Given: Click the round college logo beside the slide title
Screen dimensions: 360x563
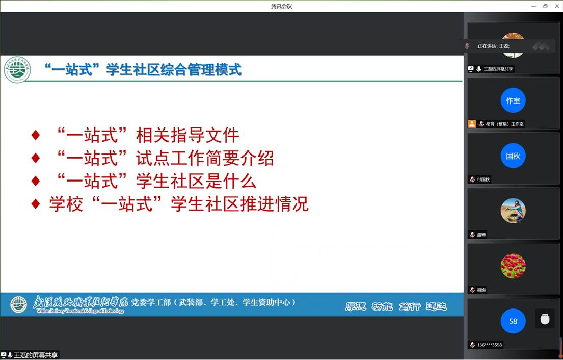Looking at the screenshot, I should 17,70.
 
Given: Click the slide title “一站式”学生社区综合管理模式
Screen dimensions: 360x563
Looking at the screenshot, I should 143,69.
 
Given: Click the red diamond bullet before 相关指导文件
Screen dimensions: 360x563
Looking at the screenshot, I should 36,135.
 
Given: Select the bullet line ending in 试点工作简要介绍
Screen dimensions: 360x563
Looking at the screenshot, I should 153,158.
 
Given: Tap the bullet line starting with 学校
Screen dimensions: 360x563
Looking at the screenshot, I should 170,204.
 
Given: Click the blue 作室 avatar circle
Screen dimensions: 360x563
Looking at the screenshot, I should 513,100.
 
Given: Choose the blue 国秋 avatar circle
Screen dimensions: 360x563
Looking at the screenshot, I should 513,156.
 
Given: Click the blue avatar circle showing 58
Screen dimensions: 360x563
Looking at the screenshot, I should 513,321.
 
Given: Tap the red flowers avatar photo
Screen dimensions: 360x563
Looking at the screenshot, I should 513,266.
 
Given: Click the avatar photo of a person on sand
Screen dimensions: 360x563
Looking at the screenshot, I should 513,211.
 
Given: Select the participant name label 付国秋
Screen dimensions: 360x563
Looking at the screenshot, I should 483,179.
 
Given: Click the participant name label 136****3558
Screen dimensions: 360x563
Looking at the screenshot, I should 489,345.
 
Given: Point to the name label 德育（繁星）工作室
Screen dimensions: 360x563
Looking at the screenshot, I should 504,124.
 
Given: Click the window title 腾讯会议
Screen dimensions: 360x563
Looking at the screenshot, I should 281,6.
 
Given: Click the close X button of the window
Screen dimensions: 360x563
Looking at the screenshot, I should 556,6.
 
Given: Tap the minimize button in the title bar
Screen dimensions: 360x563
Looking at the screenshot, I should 533,6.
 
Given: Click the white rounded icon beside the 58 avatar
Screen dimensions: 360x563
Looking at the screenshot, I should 545,319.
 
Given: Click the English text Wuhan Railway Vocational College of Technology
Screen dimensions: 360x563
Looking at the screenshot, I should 81,311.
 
